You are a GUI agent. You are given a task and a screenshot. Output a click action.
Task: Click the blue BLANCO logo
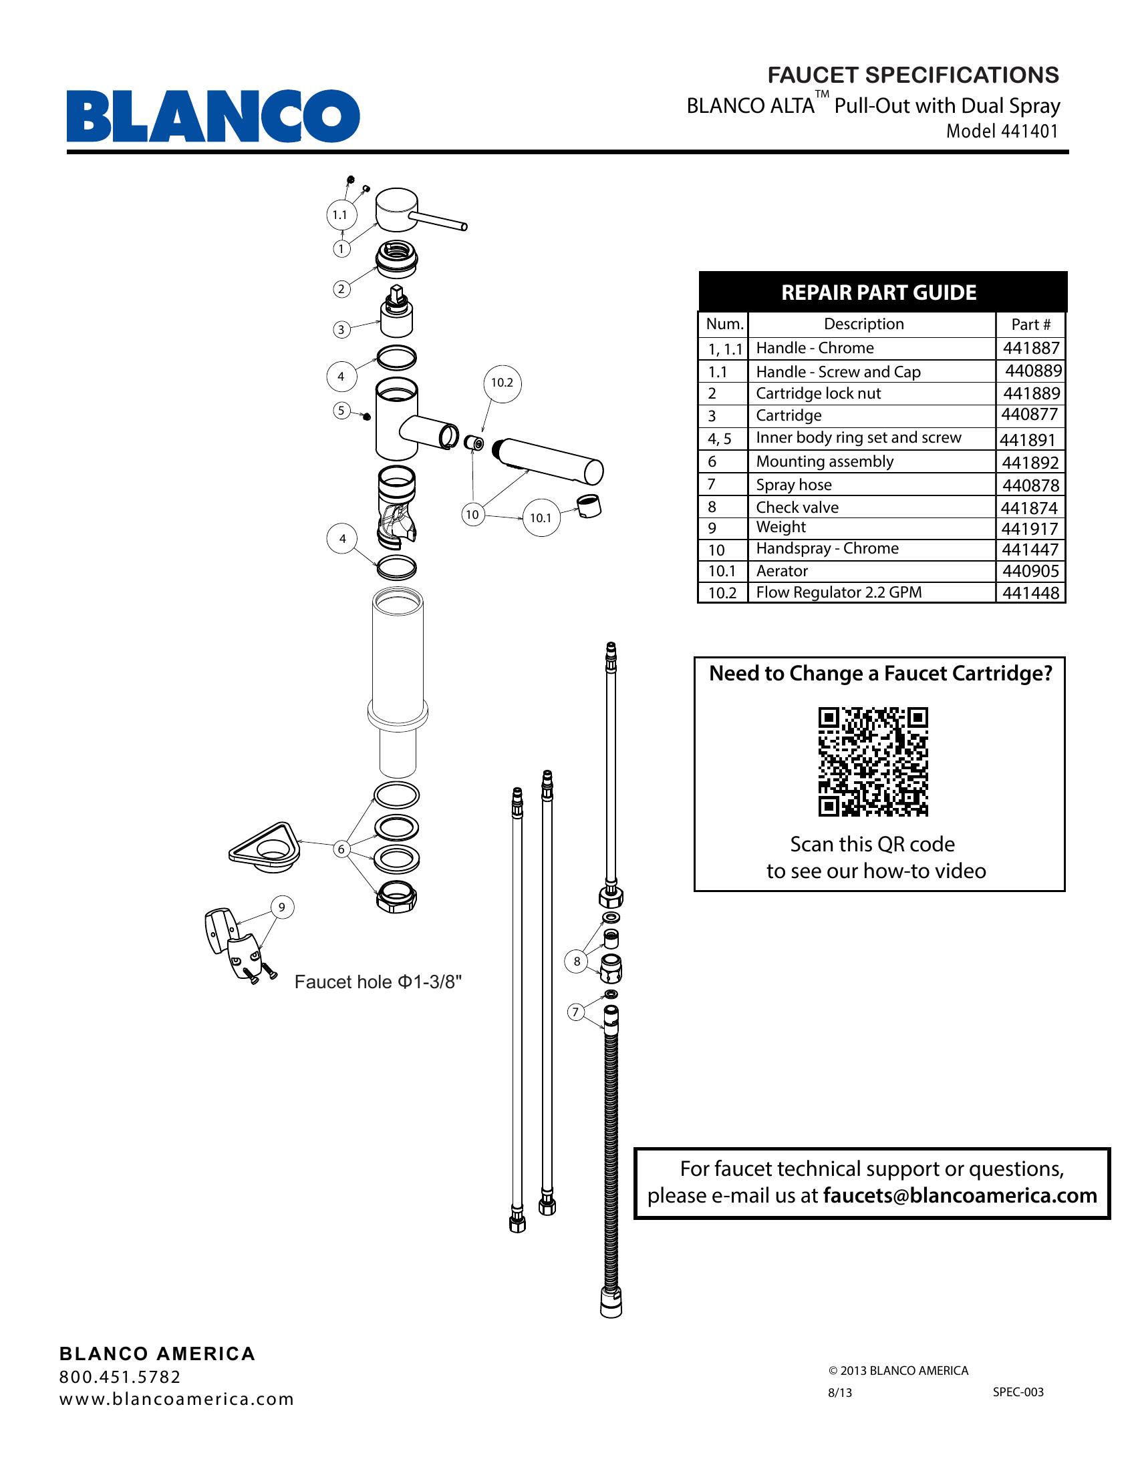point(212,116)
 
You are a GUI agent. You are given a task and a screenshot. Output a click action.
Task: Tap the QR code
point(873,761)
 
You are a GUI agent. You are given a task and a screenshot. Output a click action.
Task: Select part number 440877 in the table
point(1029,415)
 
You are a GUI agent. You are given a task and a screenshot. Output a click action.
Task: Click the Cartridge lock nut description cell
point(818,393)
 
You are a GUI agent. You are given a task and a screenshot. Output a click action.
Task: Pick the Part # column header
point(1030,325)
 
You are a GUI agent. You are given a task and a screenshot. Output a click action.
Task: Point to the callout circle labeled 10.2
point(502,383)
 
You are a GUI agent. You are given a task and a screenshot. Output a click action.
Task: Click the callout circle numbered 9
point(282,907)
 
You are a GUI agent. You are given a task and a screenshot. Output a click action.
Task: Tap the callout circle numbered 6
point(341,849)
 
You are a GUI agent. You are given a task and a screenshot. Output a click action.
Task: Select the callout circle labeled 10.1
point(541,517)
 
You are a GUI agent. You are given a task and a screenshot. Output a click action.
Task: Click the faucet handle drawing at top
point(410,214)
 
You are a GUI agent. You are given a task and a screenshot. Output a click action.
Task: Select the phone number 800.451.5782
point(120,1377)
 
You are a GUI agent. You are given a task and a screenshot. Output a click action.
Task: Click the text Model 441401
point(1002,131)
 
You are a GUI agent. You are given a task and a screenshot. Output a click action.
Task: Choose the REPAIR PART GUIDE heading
point(878,292)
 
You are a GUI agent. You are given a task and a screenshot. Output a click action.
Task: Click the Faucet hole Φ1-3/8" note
point(378,983)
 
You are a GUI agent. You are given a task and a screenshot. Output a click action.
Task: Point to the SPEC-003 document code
point(1018,1392)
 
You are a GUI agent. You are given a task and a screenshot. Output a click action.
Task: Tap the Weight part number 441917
point(1030,529)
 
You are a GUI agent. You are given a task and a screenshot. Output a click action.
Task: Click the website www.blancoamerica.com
point(176,1399)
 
